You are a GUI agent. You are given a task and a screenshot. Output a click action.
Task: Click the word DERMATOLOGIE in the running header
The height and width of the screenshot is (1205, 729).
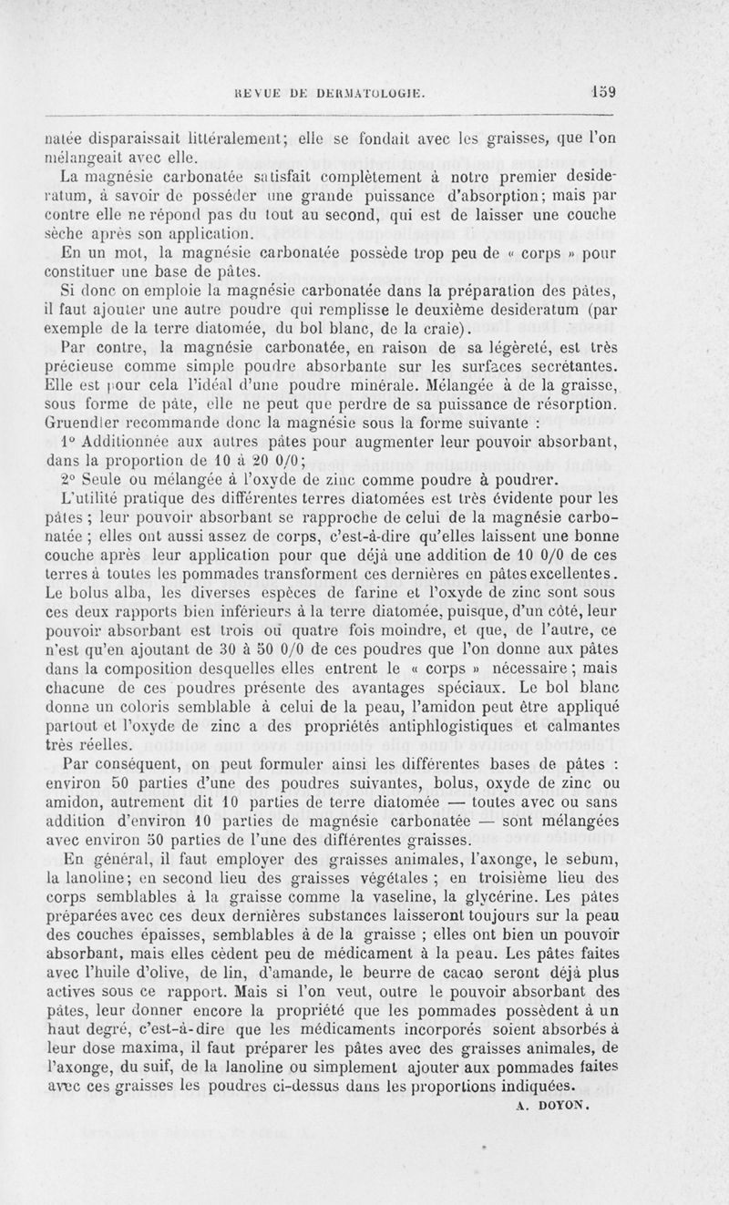377,92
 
